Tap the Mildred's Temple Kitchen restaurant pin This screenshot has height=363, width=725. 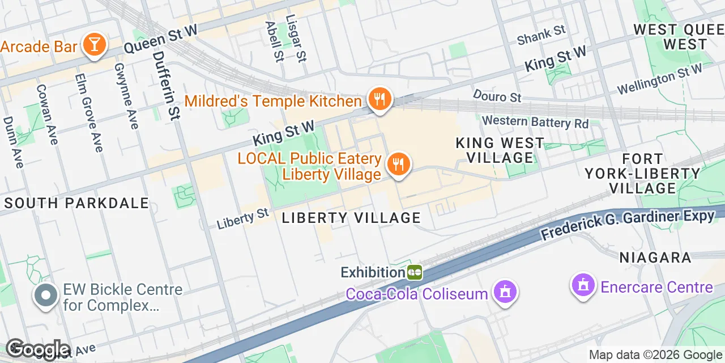pos(379,100)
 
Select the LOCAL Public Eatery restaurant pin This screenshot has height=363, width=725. pos(399,164)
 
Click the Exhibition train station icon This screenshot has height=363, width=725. pos(415,272)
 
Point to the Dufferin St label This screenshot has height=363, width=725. pos(167,85)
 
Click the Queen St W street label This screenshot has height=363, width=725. pos(160,39)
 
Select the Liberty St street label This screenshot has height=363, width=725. pos(243,218)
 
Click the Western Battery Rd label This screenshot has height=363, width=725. pos(535,121)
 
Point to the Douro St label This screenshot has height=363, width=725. pos(497,96)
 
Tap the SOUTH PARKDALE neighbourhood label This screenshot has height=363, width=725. pos(76,203)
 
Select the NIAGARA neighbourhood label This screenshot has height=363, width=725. pos(655,258)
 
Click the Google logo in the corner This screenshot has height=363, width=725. pos(37,350)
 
